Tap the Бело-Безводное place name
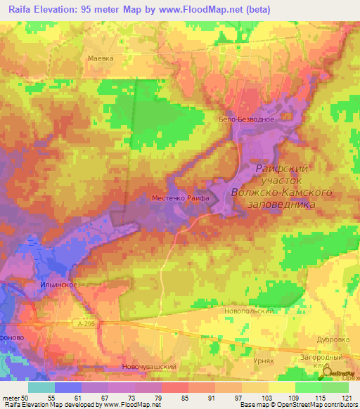pos(246,119)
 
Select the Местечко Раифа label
pos(181,199)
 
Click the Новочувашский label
pos(148,366)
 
